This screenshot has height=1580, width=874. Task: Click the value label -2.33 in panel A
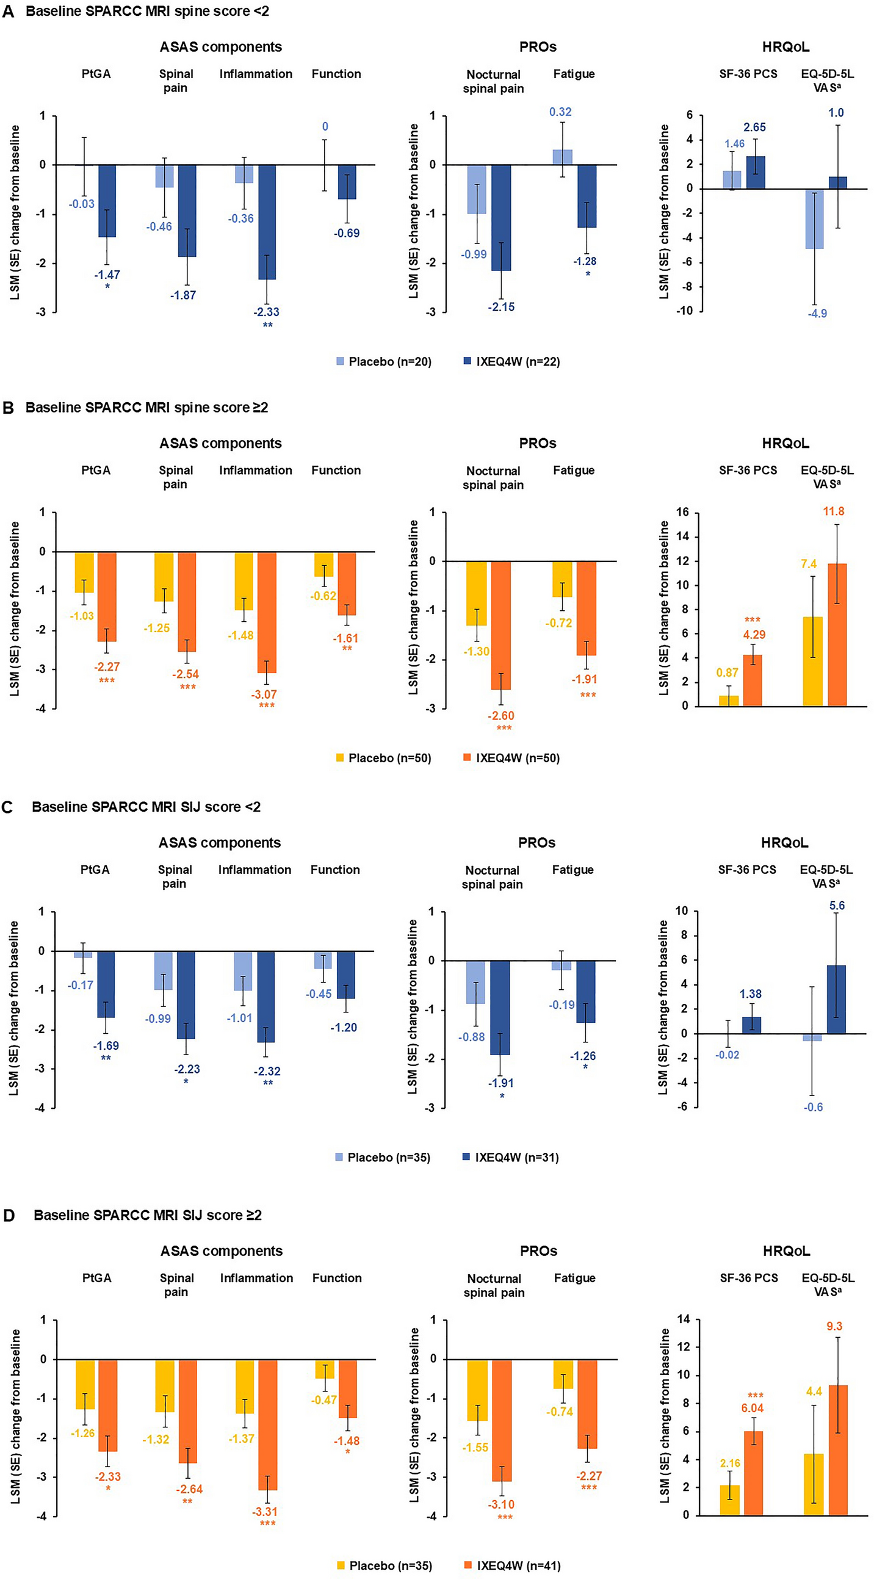tap(267, 312)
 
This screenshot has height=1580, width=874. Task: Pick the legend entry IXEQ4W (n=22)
tap(511, 362)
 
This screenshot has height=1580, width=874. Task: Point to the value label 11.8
tap(834, 511)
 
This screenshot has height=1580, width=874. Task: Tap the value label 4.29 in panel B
tap(754, 634)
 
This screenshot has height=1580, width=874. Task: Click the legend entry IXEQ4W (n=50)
tap(511, 758)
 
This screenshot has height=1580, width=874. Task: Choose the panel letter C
tap(8, 807)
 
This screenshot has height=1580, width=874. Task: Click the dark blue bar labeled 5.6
tap(836, 999)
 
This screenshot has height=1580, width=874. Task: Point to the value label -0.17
tap(81, 985)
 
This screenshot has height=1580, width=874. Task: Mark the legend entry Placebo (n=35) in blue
tap(383, 1158)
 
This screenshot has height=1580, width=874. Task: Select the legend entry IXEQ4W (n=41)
tap(512, 1565)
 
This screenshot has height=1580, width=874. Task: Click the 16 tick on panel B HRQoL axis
tap(682, 512)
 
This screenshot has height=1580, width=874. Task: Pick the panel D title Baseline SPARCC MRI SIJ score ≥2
tap(148, 1215)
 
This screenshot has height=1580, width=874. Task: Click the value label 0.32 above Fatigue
tap(560, 112)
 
